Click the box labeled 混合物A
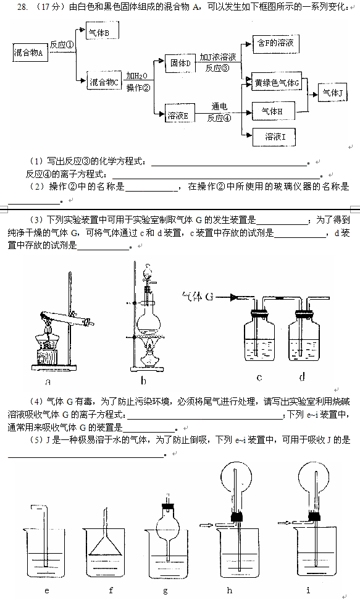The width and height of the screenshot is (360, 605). pyautogui.click(x=30, y=53)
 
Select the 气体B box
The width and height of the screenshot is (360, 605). pyautogui.click(x=102, y=31)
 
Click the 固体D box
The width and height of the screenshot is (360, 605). pyautogui.click(x=180, y=63)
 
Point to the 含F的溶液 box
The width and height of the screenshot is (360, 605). pyautogui.click(x=275, y=44)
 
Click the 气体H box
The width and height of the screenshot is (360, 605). pyautogui.click(x=274, y=111)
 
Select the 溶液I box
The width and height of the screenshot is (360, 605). pyautogui.click(x=274, y=137)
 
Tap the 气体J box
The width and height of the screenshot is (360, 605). pyautogui.click(x=332, y=93)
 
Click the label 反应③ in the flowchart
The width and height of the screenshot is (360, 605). pyautogui.click(x=217, y=68)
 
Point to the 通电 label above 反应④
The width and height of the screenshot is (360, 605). pyautogui.click(x=219, y=106)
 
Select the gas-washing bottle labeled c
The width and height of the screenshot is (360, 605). pyautogui.click(x=259, y=339)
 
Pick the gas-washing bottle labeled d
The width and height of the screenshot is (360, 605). pyautogui.click(x=304, y=339)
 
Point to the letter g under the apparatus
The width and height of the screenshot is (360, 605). pyautogui.click(x=165, y=591)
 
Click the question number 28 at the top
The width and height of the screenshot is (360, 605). pyautogui.click(x=23, y=7)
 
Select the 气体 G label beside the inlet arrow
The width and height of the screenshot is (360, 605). pyautogui.click(x=198, y=297)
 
